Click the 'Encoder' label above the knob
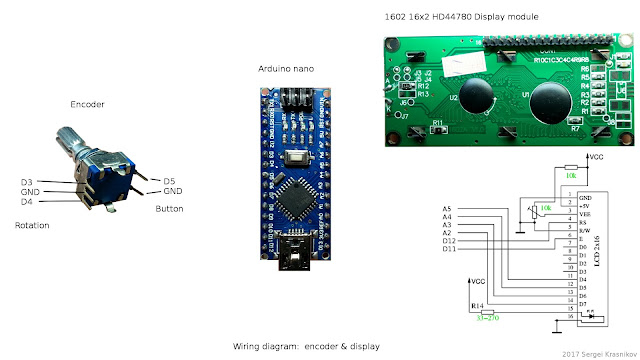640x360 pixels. click(x=87, y=104)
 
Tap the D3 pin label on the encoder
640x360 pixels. click(x=28, y=181)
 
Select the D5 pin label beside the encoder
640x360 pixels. click(x=169, y=181)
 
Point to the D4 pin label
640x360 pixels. click(x=28, y=201)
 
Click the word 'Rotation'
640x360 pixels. click(x=32, y=225)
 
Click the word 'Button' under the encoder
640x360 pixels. click(x=169, y=209)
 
